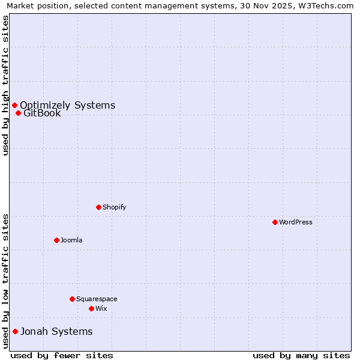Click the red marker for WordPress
click(275, 222)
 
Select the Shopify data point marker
click(98, 207)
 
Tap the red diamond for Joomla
click(56, 240)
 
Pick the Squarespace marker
click(72, 299)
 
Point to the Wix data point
click(91, 308)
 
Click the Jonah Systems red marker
click(15, 331)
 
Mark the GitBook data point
click(18, 113)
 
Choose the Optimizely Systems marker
click(14, 106)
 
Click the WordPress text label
click(296, 222)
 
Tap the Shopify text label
click(114, 207)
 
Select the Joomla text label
click(71, 240)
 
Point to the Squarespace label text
click(97, 299)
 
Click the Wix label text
click(101, 308)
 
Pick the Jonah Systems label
click(56, 331)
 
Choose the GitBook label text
click(42, 113)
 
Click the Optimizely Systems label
click(67, 106)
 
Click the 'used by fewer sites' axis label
click(62, 355)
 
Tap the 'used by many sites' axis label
click(301, 355)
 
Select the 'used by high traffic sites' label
click(5, 86)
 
